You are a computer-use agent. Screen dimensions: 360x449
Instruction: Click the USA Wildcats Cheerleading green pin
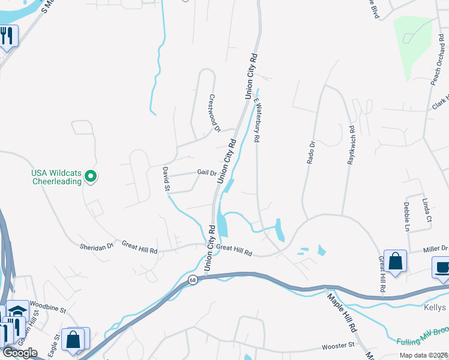(91, 176)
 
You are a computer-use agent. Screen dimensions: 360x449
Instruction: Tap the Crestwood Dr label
(214, 112)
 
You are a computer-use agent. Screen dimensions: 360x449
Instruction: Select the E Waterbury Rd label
(256, 120)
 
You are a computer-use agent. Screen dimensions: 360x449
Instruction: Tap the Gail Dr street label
(206, 173)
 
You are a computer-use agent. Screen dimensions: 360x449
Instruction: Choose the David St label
(166, 179)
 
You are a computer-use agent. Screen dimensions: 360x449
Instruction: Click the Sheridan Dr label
(97, 246)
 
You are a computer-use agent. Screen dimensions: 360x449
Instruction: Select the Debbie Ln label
(406, 216)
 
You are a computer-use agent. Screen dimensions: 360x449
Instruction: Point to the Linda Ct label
(427, 210)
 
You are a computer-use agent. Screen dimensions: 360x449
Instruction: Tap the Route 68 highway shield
(193, 280)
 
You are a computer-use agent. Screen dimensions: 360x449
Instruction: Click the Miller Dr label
(435, 248)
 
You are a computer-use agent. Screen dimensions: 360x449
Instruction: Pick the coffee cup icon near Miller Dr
(442, 268)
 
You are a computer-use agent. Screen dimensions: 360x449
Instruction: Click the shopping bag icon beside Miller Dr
(396, 261)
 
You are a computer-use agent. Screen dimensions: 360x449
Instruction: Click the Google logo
(20, 352)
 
